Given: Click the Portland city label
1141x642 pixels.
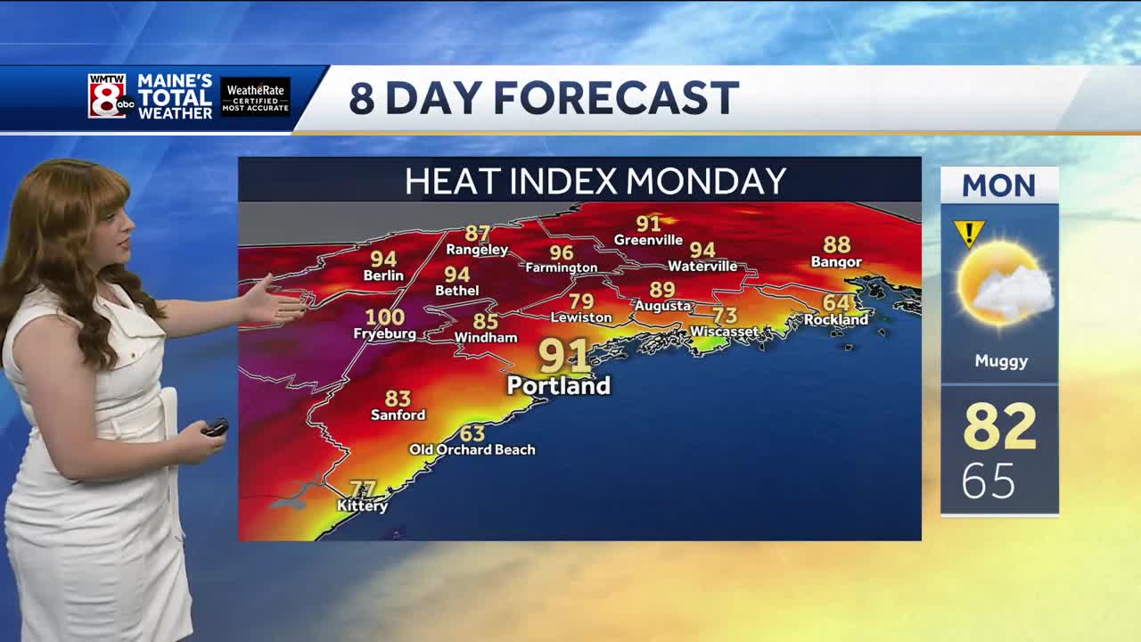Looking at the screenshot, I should [x=559, y=386].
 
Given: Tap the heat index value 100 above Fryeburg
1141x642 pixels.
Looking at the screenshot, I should [x=385, y=317].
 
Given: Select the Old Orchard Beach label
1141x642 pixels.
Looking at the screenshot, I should [x=472, y=449].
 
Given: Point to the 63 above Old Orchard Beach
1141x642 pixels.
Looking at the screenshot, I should [x=472, y=433].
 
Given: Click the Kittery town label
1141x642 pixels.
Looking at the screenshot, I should [x=363, y=506].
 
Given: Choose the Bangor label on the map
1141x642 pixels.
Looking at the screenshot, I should [x=836, y=261].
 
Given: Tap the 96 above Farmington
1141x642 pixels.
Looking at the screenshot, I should [x=562, y=252].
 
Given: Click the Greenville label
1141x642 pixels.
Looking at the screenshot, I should [x=649, y=240].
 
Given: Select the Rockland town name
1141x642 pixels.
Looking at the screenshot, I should [x=836, y=319].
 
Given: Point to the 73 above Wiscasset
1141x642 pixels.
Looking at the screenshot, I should [x=725, y=315].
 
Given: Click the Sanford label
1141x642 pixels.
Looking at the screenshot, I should [x=398, y=415].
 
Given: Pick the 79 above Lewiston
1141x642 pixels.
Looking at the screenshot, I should [x=581, y=301].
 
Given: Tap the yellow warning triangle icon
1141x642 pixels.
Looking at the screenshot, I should [x=968, y=234].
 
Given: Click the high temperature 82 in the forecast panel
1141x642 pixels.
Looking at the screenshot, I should [x=1000, y=427].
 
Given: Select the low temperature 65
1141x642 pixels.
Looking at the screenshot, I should [x=989, y=482].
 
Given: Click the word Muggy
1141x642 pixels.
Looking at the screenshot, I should [x=1001, y=361].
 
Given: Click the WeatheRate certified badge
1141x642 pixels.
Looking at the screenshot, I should [x=256, y=96].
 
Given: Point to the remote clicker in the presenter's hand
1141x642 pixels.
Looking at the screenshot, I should [x=215, y=427].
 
